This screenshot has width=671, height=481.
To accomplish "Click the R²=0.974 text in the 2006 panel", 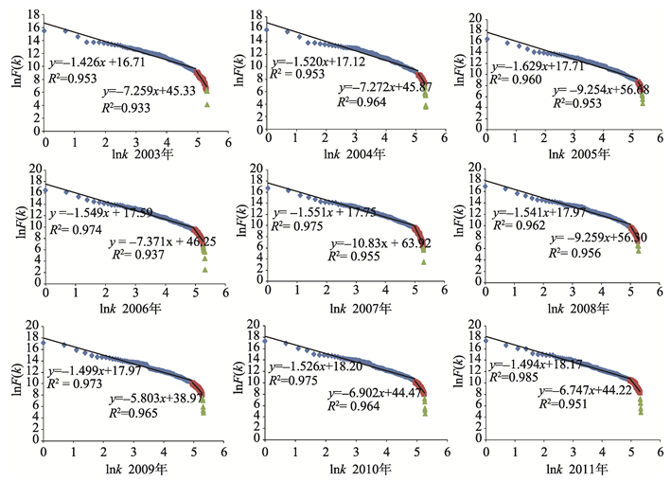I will pos(72,229).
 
